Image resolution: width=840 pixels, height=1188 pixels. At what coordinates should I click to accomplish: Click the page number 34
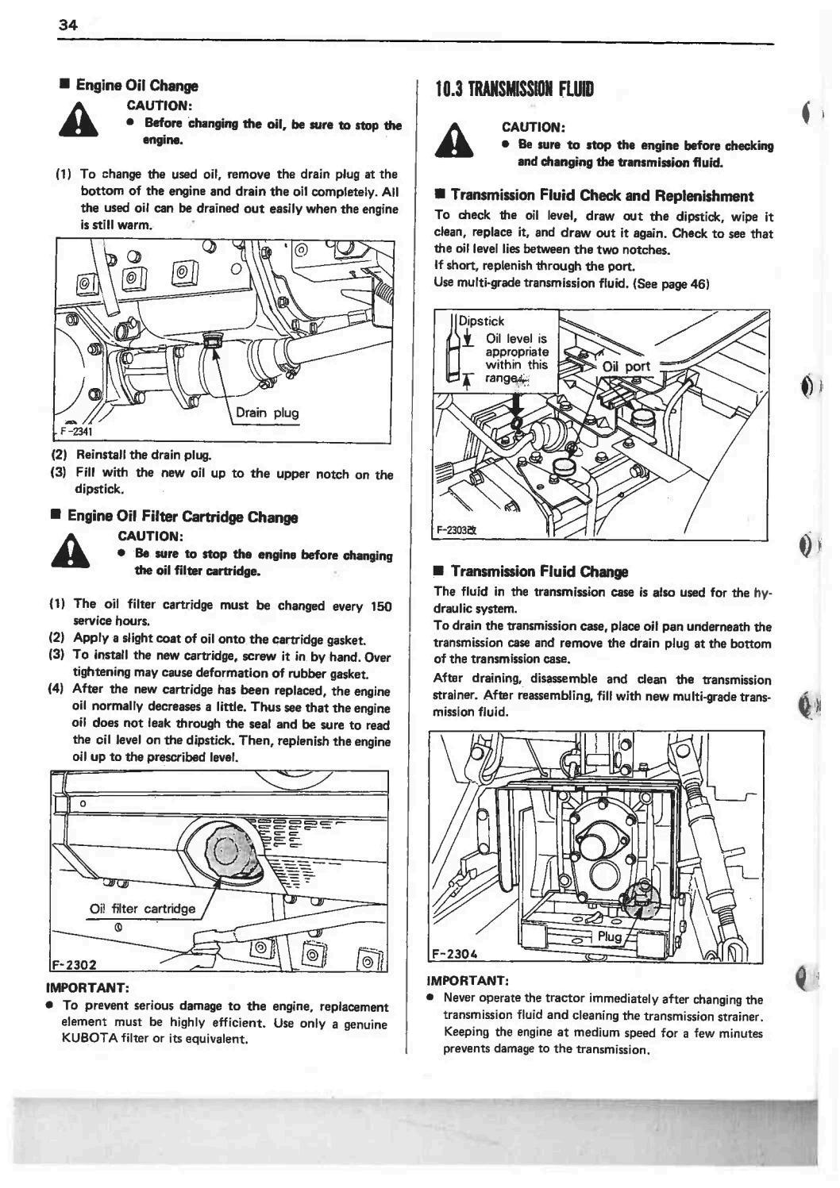coord(67,25)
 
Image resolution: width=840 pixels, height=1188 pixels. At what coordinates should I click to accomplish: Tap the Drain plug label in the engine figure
coord(267,413)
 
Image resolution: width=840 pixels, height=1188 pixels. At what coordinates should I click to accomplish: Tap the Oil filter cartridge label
coord(142,909)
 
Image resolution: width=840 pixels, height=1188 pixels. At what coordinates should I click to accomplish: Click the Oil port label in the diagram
coord(626,367)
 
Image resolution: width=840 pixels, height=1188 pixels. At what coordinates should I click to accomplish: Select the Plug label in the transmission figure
coord(610,936)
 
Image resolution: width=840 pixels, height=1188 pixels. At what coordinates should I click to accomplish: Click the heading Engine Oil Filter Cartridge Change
coord(183,517)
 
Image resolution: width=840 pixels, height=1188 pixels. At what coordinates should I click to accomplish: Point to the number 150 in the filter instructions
coord(381,606)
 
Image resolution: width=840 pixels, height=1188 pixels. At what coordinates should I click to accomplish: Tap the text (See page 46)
coord(670,283)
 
